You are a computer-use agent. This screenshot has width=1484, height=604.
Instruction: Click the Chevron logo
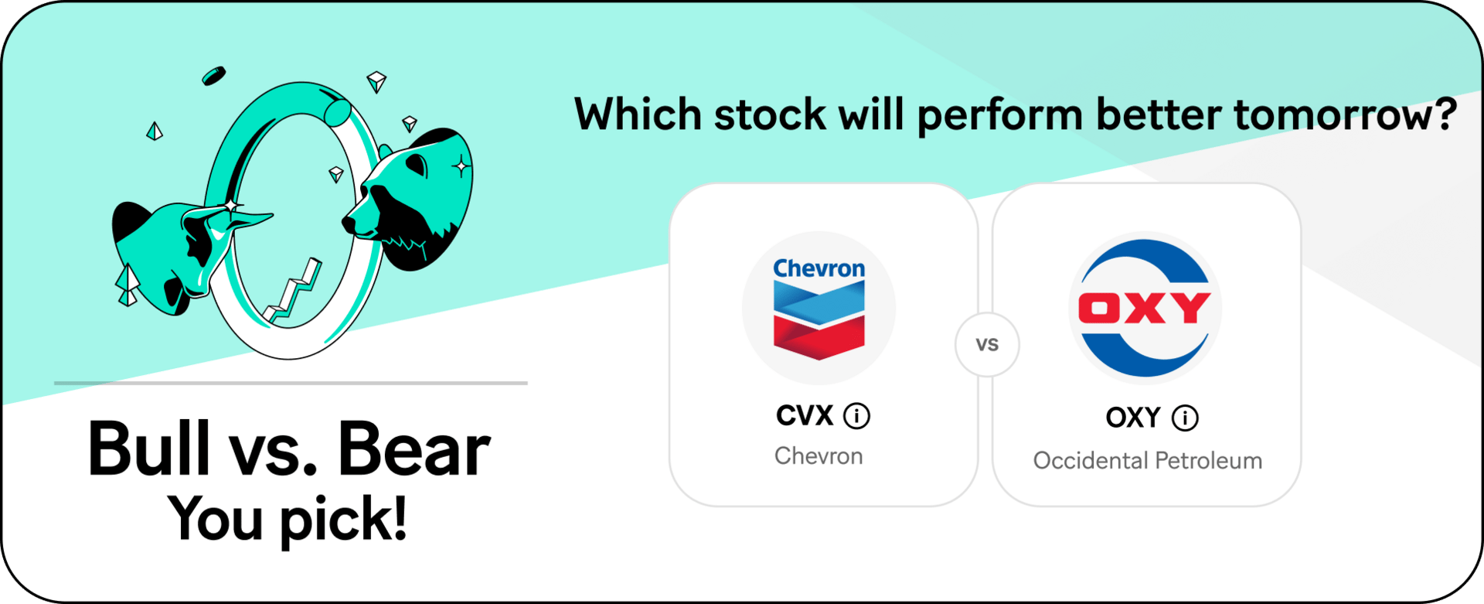click(x=819, y=308)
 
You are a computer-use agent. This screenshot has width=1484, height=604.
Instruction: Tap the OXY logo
click(x=1145, y=308)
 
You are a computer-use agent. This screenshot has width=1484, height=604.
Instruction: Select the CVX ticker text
click(x=805, y=415)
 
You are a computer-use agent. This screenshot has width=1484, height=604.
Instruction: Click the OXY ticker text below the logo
click(x=1133, y=418)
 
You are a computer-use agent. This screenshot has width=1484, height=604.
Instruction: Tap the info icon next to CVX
click(x=856, y=416)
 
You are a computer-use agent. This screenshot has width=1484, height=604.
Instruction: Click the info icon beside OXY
click(x=1185, y=418)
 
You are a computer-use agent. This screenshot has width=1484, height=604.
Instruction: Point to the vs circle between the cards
click(x=987, y=345)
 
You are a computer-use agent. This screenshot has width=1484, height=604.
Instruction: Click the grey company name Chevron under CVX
click(x=819, y=456)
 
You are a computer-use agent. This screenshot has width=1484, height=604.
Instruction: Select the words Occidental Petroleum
click(x=1148, y=461)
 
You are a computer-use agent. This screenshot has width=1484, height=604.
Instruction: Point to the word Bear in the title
click(x=414, y=449)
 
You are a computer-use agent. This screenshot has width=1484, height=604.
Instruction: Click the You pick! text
click(x=288, y=519)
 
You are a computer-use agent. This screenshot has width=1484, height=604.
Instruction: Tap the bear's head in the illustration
click(x=408, y=199)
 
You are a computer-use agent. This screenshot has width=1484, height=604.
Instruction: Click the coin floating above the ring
click(x=213, y=76)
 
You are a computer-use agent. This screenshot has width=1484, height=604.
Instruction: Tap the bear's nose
click(x=349, y=224)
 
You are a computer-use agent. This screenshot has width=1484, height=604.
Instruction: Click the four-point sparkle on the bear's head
click(x=461, y=166)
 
